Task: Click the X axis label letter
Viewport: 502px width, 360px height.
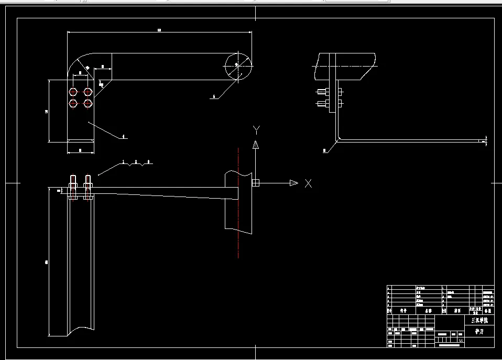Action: (309, 183)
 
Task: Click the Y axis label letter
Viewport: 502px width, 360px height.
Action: (256, 129)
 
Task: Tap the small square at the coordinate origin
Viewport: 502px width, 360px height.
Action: (255, 183)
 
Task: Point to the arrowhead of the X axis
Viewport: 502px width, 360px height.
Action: (293, 183)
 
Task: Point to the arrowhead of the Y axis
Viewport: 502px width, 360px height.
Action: (256, 144)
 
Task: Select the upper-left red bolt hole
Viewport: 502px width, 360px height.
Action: (73, 92)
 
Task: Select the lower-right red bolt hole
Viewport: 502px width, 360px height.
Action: (88, 103)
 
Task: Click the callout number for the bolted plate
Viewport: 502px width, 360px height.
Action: (124, 137)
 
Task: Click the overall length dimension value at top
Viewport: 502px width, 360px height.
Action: (159, 30)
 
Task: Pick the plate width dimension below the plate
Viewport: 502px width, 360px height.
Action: (80, 150)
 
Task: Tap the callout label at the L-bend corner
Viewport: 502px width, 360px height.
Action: (325, 151)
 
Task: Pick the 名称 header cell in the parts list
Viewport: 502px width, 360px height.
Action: (429, 311)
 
